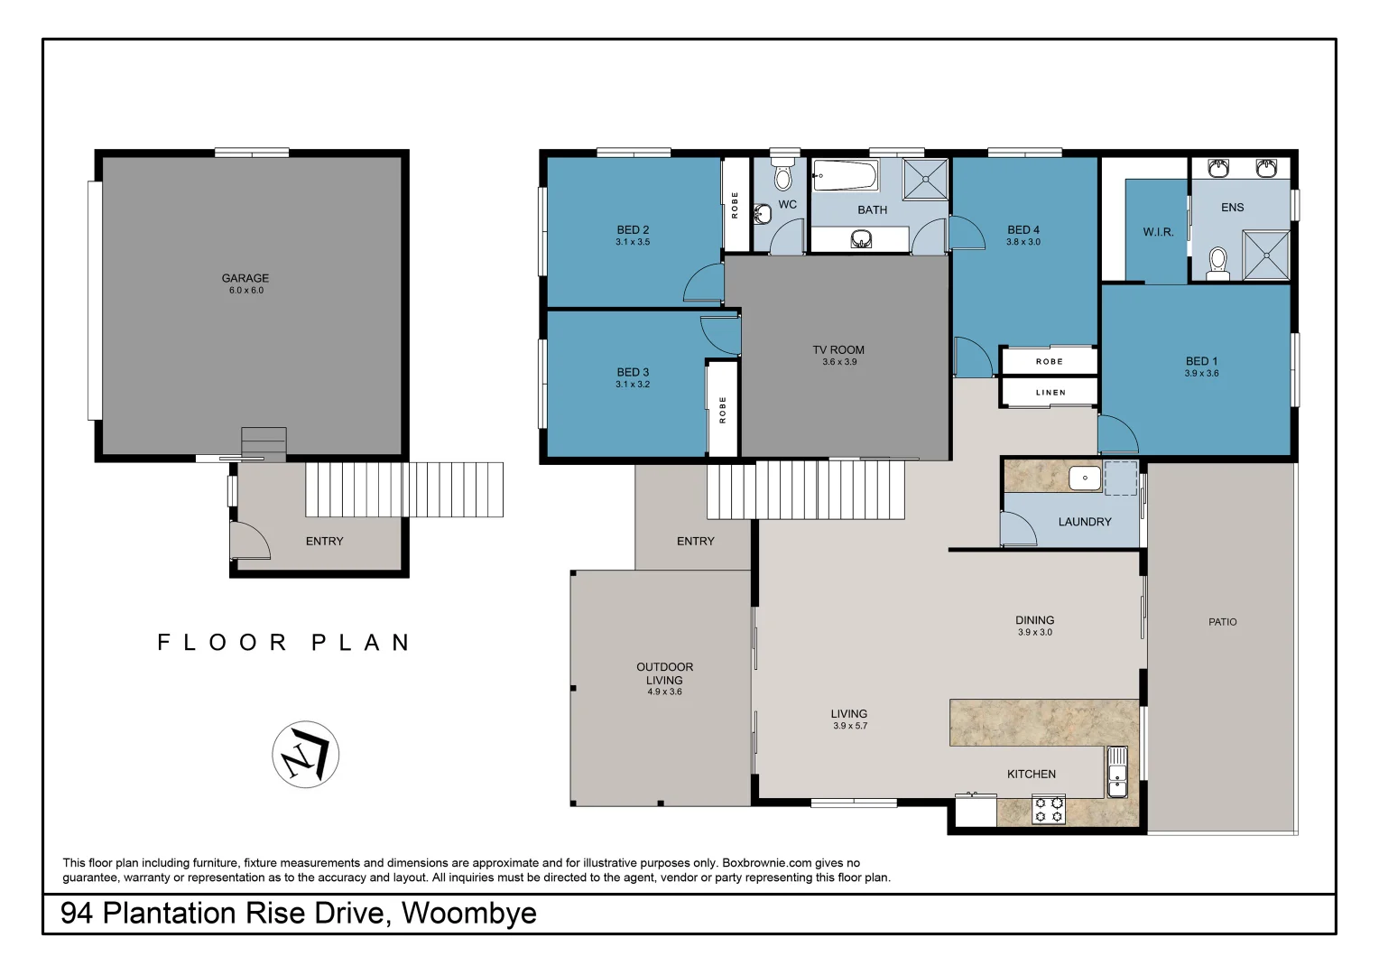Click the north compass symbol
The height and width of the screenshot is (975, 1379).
pos(305,755)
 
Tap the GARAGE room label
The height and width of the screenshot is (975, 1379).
pos(245,278)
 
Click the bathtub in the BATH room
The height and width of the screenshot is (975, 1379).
pos(845,175)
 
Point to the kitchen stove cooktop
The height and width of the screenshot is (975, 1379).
pos(1049,809)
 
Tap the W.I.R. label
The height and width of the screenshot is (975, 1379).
pos(1158,232)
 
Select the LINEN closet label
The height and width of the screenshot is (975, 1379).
pos(1050,393)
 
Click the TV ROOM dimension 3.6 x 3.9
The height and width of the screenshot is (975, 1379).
pos(839,362)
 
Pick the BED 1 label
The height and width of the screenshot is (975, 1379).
pos(1201,361)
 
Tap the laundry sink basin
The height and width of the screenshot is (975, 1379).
pos(1085,478)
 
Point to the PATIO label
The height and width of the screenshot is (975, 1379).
pos(1223,622)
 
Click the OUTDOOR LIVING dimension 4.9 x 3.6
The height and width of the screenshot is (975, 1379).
pos(664,692)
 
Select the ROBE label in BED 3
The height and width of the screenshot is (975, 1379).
pos(723,410)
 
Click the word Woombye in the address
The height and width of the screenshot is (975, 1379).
pos(468,914)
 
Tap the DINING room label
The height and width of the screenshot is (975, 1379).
pos(1034,620)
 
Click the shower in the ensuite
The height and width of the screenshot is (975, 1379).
pos(1266,255)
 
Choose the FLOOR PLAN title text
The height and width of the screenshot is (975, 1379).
pos(283,643)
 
